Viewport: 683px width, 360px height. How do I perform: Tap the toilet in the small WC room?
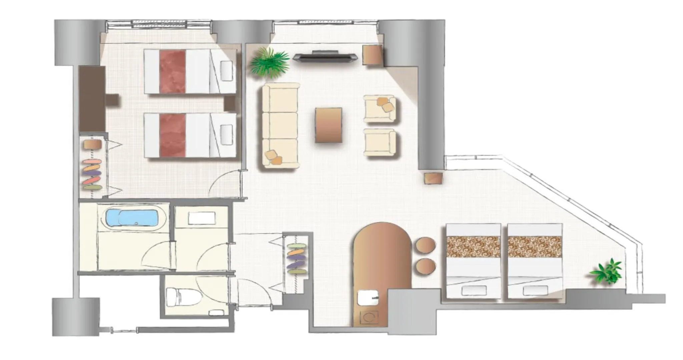click(x=183, y=296)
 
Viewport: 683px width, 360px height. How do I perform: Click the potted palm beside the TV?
click(x=269, y=63)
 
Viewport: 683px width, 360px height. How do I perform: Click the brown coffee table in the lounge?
click(x=328, y=125)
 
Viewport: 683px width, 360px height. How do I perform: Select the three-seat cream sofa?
click(x=280, y=125)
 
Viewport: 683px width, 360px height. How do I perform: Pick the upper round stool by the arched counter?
click(x=426, y=245)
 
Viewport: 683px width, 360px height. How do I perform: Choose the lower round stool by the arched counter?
click(x=426, y=267)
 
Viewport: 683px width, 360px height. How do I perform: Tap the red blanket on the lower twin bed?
click(x=172, y=135)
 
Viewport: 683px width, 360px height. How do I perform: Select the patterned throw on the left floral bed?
click(x=473, y=247)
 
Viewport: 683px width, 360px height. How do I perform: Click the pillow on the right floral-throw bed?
click(x=535, y=290)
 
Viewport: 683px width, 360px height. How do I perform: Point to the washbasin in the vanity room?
click(x=201, y=219)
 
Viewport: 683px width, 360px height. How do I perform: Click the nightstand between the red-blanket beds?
click(x=230, y=103)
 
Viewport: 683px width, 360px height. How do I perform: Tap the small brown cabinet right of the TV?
click(x=372, y=55)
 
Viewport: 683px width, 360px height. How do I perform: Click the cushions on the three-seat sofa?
click(x=274, y=157)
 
